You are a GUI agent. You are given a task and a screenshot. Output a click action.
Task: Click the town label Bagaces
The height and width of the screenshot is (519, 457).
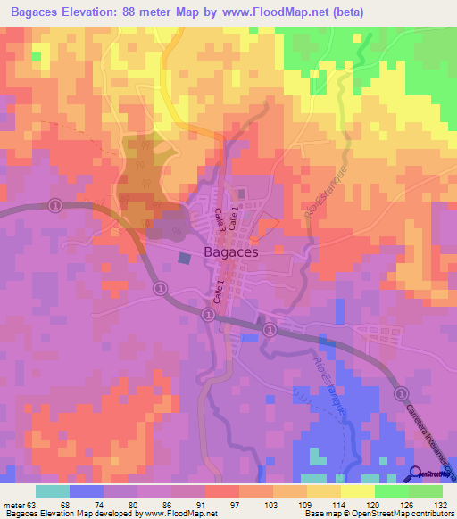(x=231, y=252)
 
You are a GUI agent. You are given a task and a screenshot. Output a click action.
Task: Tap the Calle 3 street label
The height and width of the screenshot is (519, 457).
(x=219, y=221)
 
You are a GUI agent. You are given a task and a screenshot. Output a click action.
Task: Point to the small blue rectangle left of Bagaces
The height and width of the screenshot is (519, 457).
(x=184, y=258)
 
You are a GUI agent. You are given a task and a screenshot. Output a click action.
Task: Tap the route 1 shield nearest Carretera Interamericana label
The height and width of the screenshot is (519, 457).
(x=401, y=392)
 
